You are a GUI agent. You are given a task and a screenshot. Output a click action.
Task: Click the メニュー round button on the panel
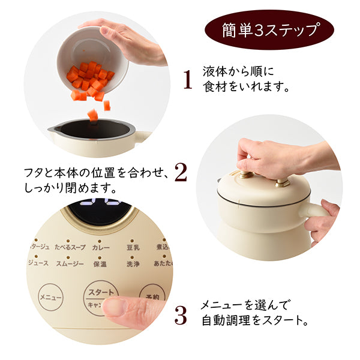click(52, 297)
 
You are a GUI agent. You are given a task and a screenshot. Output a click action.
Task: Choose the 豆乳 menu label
click(134, 247)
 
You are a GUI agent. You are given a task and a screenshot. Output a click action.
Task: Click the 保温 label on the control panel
click(100, 263)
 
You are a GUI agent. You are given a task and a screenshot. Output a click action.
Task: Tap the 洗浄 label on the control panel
click(134, 263)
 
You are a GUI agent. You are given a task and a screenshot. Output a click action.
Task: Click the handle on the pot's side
click(317, 209)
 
